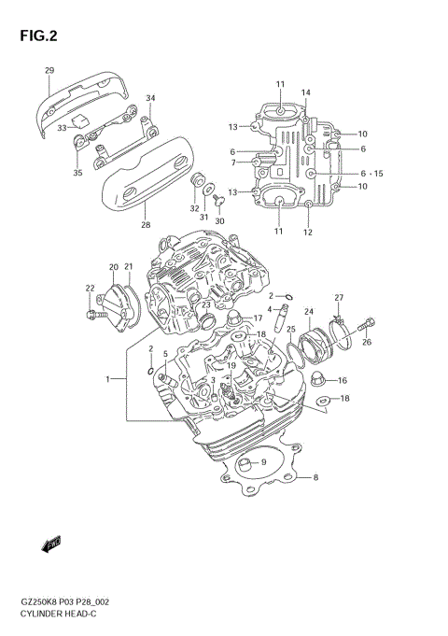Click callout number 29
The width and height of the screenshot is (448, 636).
pos(49,71)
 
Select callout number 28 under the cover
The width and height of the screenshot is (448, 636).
pos(145,224)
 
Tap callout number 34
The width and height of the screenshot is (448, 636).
pos(150,98)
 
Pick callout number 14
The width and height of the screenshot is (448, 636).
pos(305,92)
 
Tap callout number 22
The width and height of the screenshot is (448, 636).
pos(90,288)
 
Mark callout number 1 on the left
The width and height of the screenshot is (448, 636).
pos(108,379)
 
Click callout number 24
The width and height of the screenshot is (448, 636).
pos(308,313)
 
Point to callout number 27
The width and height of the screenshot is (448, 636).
pos(340,298)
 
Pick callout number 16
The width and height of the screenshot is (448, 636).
pos(343,380)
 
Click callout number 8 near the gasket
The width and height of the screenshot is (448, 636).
pos(315,477)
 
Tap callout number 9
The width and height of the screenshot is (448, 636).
pos(263,461)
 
